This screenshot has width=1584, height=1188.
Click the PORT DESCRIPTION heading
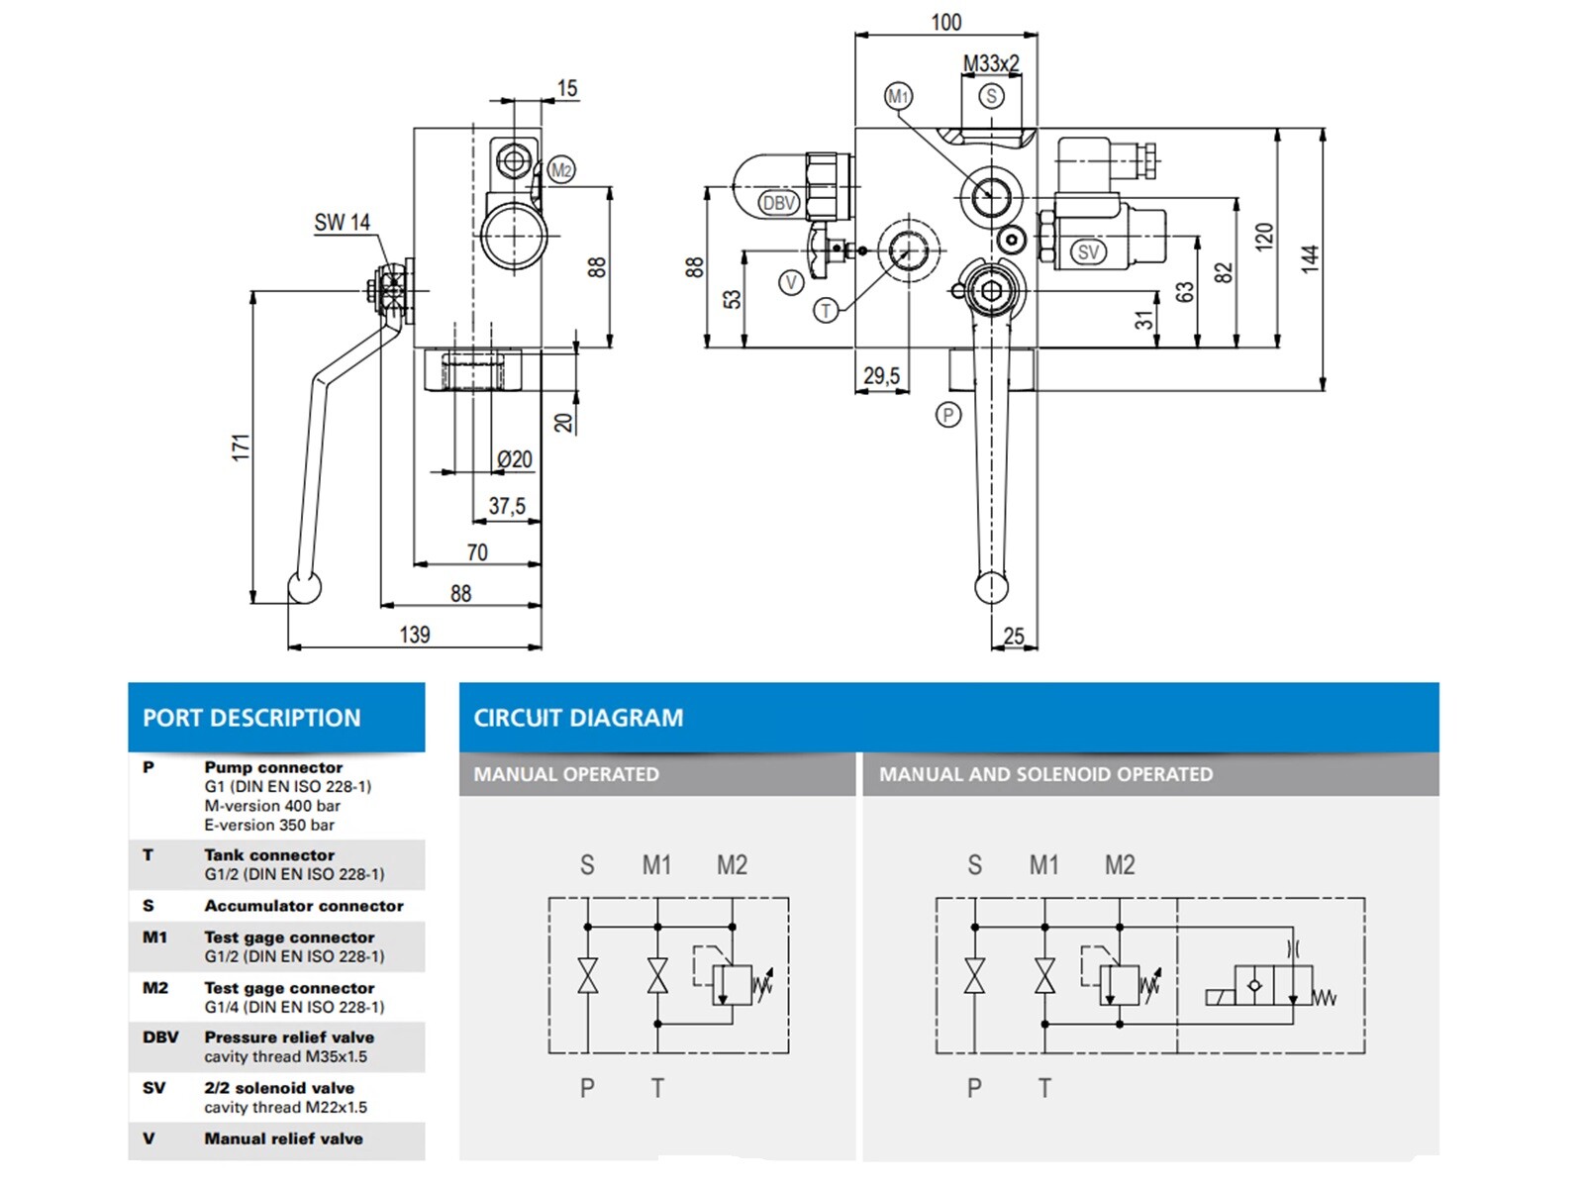point(251,718)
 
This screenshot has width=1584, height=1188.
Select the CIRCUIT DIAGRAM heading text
point(578,718)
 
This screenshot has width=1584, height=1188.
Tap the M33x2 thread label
point(991,63)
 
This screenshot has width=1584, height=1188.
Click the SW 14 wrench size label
point(342,223)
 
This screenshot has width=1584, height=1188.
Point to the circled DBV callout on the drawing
point(779,203)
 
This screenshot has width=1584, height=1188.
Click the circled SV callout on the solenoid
point(1088,251)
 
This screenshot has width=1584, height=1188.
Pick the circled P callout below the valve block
point(948,415)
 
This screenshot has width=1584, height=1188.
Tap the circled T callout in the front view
point(826,311)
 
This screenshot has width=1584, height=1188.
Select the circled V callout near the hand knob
point(791,283)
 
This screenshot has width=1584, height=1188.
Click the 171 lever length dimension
point(241,446)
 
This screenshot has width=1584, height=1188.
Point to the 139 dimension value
point(415,635)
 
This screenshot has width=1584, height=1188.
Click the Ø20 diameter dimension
point(514,459)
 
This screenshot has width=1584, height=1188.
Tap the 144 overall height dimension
point(1310,258)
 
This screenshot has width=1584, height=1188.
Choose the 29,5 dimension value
point(881,376)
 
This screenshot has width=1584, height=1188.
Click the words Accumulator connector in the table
point(304,906)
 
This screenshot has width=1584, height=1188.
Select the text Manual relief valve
point(283,1138)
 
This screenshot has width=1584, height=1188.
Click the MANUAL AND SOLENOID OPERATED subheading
point(1045,774)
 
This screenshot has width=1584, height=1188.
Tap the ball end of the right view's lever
point(991,588)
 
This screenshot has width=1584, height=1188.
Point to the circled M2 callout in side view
point(561,170)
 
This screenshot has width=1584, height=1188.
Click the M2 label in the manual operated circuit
point(732,865)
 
